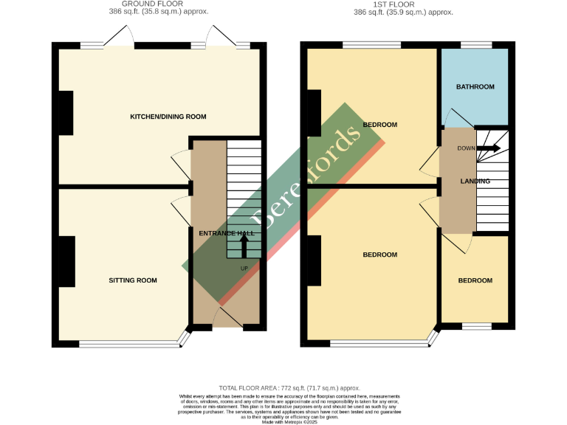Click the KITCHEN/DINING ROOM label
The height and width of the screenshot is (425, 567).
click(x=168, y=117)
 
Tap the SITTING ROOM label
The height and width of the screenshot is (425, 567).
click(x=133, y=280)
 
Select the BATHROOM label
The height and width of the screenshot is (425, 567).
click(x=475, y=87)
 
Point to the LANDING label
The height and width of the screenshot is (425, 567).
click(x=475, y=181)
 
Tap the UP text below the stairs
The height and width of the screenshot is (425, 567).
click(x=244, y=268)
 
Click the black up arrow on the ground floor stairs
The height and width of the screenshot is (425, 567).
click(x=244, y=244)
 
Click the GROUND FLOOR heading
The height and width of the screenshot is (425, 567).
click(x=153, y=4)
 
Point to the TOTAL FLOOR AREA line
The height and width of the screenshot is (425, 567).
click(x=289, y=388)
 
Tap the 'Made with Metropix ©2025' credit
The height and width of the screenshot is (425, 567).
click(x=289, y=421)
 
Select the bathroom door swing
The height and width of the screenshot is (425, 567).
click(x=456, y=118)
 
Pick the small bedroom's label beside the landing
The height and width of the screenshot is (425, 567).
click(x=475, y=280)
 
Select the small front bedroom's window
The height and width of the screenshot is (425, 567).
click(x=477, y=325)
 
